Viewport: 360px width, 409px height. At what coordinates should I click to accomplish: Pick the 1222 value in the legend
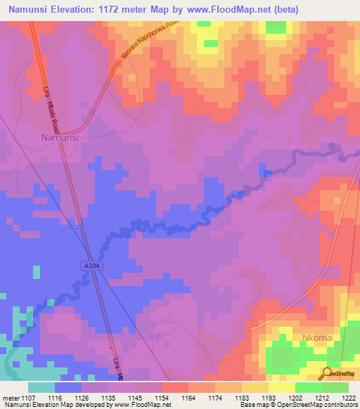pos(348,397)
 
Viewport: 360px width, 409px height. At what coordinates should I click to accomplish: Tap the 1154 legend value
pos(162,397)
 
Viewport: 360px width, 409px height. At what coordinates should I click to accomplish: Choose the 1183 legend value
pos(241,397)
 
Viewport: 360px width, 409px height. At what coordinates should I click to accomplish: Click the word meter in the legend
pos(9,397)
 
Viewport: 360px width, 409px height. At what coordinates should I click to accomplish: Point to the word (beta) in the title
pos(280,9)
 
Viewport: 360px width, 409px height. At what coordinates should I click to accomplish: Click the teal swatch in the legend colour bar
pos(41,387)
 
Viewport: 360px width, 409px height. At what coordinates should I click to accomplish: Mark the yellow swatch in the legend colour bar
pos(281,387)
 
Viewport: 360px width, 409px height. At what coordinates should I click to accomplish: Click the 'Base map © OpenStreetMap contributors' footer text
pos(297,405)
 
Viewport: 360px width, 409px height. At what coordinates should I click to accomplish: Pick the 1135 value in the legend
pos(108,397)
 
